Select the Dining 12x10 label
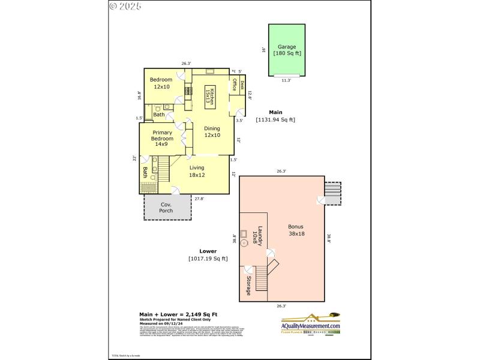212,131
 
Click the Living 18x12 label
197,171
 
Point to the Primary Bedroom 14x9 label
162,138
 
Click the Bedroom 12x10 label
161,83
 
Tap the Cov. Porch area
166,208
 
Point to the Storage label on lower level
248,285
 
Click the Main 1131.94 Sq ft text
275,116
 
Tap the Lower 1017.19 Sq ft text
208,255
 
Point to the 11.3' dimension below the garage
286,80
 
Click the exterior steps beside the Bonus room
331,193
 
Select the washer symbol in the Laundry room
245,244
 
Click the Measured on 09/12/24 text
161,324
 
